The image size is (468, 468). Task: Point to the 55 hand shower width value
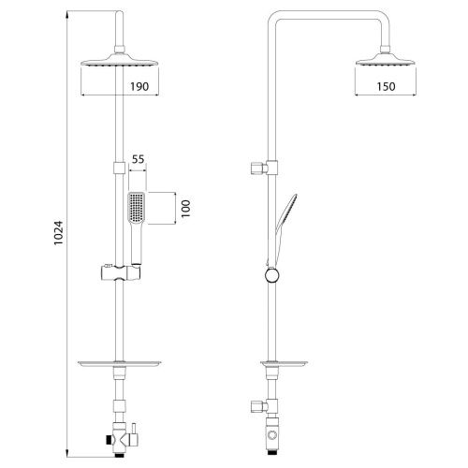138,161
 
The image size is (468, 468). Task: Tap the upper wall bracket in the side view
260,169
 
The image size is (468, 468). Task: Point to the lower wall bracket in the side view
259,406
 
